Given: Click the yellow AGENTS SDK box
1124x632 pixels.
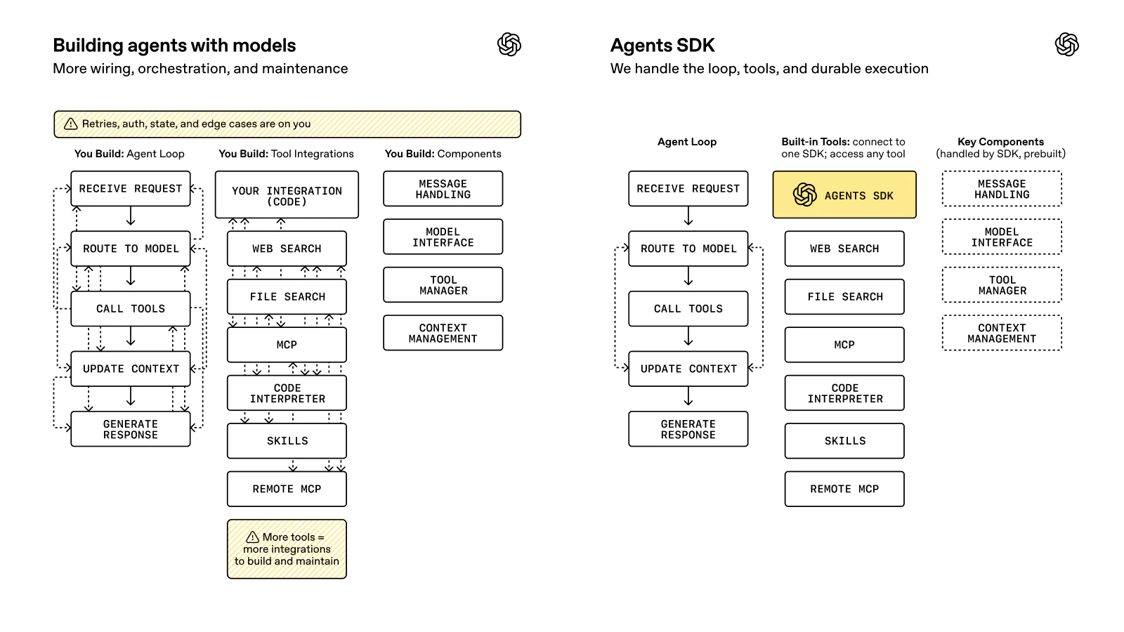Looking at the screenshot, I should coord(844,195).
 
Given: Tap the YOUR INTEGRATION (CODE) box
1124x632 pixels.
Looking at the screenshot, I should coord(287,195).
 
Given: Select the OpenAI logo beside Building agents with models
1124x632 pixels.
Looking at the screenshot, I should coord(509,45).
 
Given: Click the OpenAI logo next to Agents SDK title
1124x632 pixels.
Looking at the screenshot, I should coord(1066,45).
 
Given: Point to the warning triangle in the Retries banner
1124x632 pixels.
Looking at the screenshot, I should coord(71,124).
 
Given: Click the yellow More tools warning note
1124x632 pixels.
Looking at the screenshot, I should coord(287,549).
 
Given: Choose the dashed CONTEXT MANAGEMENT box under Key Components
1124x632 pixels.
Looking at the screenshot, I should coord(1002,333).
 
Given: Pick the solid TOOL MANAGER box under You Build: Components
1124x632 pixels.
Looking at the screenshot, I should coord(443,285).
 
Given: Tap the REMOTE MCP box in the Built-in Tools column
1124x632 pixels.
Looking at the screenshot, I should coord(844,489).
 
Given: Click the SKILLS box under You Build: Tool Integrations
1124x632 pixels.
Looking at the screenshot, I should coord(287,441).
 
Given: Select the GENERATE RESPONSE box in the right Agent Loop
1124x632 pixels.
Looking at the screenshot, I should coord(688,429).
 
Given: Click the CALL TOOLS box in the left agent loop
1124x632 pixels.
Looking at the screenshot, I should coord(131,309).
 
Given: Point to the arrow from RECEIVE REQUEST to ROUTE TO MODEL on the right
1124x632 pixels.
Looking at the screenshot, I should coord(688,216).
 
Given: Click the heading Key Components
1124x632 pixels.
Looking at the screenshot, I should coord(1000,142).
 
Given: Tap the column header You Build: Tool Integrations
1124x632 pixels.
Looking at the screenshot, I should coord(286,154).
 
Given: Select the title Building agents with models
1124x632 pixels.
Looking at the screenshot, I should coord(174,46).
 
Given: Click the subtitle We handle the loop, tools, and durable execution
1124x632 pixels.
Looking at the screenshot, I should coord(769,69).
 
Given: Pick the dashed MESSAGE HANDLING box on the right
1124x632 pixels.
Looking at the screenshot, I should coord(1002,189).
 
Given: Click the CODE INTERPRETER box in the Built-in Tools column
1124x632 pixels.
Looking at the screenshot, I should coord(844,393).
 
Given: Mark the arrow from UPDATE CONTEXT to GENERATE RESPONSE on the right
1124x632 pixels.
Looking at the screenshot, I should coord(688,397).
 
